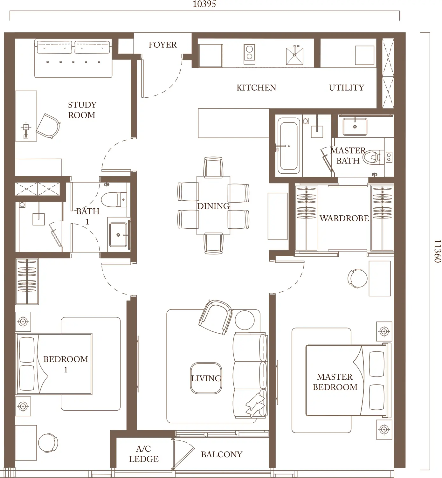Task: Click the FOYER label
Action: click(x=162, y=45)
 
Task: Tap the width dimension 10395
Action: click(x=204, y=4)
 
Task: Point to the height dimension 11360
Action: click(x=437, y=251)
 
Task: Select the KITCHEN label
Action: click(x=256, y=87)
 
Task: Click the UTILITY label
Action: click(x=346, y=87)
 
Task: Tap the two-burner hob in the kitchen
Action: click(x=249, y=54)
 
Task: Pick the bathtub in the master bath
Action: click(x=289, y=146)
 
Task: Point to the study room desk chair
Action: click(x=48, y=126)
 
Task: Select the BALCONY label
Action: click(x=222, y=454)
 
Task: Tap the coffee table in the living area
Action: click(x=206, y=378)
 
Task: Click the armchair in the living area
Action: click(x=216, y=317)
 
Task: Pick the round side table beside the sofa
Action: click(x=244, y=320)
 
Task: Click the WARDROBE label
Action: click(x=344, y=218)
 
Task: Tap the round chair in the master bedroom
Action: click(x=357, y=278)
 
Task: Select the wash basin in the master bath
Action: click(x=355, y=127)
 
